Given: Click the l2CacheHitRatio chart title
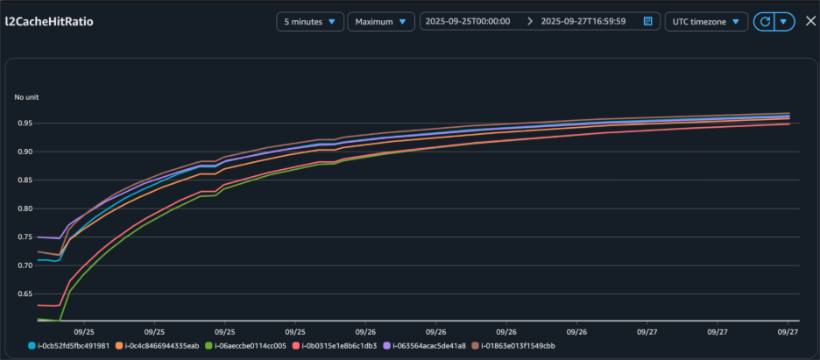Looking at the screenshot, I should click(x=49, y=21).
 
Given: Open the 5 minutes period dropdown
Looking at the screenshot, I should click(x=309, y=21).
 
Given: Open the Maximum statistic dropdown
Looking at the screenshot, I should click(x=381, y=21).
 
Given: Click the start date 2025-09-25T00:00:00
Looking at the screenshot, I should click(x=468, y=21).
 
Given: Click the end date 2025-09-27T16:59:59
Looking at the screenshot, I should click(x=583, y=21).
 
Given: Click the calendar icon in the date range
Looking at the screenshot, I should click(x=647, y=21).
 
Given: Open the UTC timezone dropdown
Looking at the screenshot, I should click(x=706, y=21).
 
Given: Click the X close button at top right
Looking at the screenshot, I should click(x=810, y=21).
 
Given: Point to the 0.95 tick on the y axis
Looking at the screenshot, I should click(x=25, y=124).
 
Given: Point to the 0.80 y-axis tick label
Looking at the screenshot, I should click(x=25, y=208).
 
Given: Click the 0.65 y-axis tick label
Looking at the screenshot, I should click(x=25, y=293).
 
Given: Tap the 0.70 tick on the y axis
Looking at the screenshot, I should click(x=25, y=265).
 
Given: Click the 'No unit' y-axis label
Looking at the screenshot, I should click(x=26, y=96).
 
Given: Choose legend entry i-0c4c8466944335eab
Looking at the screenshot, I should click(x=162, y=346).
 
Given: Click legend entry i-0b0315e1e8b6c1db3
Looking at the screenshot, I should click(x=339, y=346).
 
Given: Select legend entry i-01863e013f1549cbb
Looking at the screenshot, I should click(x=516, y=346).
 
